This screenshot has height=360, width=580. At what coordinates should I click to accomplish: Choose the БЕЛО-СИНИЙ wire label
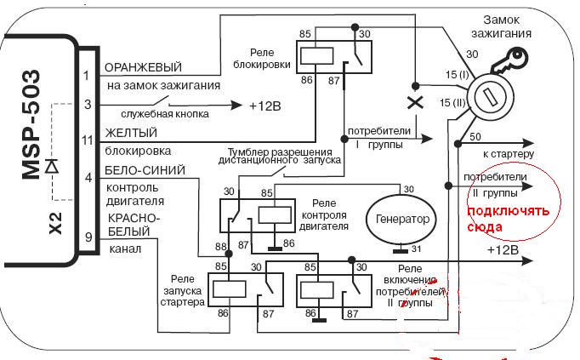(145, 170)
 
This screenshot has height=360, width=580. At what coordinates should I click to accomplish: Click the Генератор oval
(399, 219)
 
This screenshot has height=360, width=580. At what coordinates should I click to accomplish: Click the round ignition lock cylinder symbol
(490, 97)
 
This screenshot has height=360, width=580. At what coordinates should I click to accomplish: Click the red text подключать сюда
(509, 220)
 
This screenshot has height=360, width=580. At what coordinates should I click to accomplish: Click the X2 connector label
(55, 223)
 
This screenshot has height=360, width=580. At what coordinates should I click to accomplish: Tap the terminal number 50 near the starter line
(475, 137)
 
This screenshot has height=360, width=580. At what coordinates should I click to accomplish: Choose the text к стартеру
(508, 154)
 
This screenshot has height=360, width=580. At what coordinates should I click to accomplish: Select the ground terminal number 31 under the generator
(416, 249)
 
